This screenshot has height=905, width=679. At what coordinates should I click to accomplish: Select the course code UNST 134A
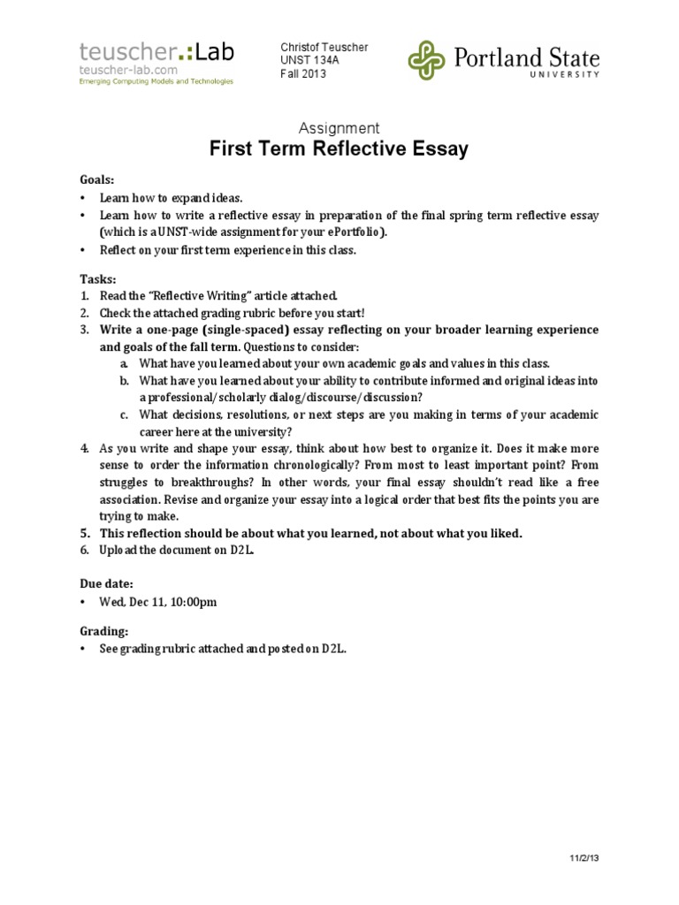point(304,60)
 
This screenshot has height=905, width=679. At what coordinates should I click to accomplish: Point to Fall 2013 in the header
point(303,74)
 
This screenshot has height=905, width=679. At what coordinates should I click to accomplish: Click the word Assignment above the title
point(339,128)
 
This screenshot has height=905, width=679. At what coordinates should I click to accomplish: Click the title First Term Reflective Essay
point(339,149)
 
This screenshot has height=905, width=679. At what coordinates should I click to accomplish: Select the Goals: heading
point(97,179)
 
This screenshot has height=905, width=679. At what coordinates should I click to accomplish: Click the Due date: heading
point(107,583)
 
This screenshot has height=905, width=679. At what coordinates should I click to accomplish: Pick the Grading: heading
point(104,631)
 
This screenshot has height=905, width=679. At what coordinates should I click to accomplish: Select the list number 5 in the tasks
point(86,533)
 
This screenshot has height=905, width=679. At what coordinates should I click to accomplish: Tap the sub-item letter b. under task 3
point(127,381)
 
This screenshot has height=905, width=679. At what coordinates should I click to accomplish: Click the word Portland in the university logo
point(497,58)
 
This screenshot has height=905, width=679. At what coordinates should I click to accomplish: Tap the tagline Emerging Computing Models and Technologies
point(156,81)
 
